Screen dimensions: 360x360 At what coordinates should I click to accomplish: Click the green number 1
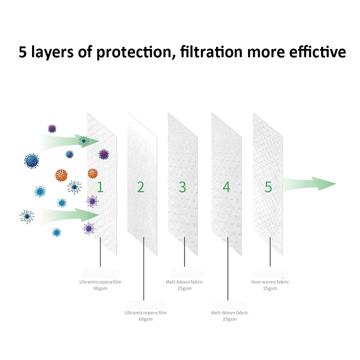pyautogui.click(x=100, y=187)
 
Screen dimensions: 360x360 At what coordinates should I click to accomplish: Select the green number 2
pyautogui.click(x=140, y=187)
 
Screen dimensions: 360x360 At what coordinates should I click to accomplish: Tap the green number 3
pyautogui.click(x=183, y=187)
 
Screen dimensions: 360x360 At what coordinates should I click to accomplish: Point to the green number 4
pyautogui.click(x=226, y=187)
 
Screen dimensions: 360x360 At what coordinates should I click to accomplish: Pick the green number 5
pyautogui.click(x=268, y=187)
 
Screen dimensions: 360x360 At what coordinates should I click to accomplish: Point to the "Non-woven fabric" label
pyautogui.click(x=270, y=282)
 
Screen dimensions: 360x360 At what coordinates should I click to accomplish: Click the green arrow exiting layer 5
pyautogui.click(x=310, y=184)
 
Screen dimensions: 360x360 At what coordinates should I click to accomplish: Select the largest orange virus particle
pyautogui.click(x=62, y=175)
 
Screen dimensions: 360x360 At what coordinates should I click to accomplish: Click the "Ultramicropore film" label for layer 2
pyautogui.click(x=145, y=312)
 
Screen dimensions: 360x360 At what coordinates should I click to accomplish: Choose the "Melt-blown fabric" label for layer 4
pyautogui.click(x=230, y=312)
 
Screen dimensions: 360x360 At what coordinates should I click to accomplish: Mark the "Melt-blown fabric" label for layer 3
pyautogui.click(x=184, y=282)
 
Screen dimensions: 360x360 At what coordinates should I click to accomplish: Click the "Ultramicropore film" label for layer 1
pyautogui.click(x=100, y=282)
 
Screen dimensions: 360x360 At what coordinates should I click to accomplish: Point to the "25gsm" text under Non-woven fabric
pyautogui.click(x=270, y=288)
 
